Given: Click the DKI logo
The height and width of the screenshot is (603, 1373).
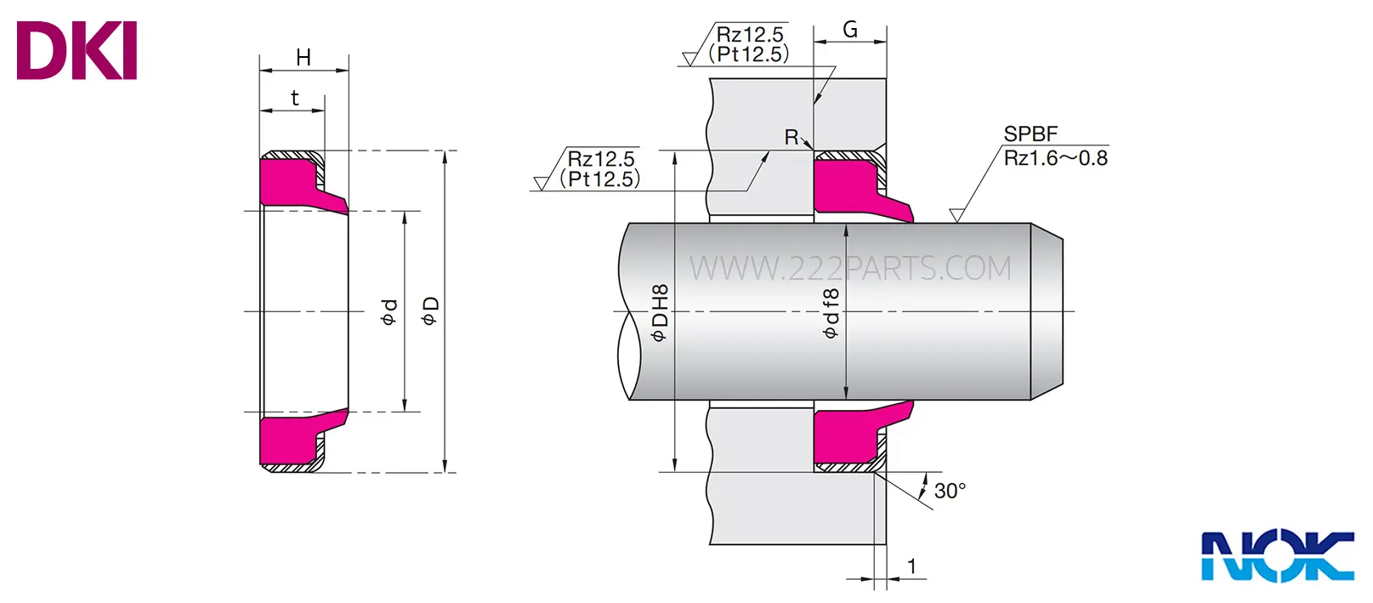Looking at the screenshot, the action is pos(77,50).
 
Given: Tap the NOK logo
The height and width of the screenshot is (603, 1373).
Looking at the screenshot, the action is pos(1278,556).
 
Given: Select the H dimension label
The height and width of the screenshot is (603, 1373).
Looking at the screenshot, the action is pos(304,57).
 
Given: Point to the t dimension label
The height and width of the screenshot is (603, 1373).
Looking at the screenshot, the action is pos(295,98).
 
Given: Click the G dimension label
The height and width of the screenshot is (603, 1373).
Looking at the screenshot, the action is pos(850,29).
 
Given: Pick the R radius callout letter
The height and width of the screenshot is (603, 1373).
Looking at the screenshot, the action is pos(791,137).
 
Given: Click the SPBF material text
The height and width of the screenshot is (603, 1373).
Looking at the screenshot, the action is pos(1030,134).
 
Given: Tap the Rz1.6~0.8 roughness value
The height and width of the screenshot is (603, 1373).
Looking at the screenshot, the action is pos(1056,158).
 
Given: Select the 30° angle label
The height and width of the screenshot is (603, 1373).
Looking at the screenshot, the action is pos(950,491).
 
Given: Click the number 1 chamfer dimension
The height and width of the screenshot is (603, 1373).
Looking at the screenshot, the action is pos(911,566).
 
